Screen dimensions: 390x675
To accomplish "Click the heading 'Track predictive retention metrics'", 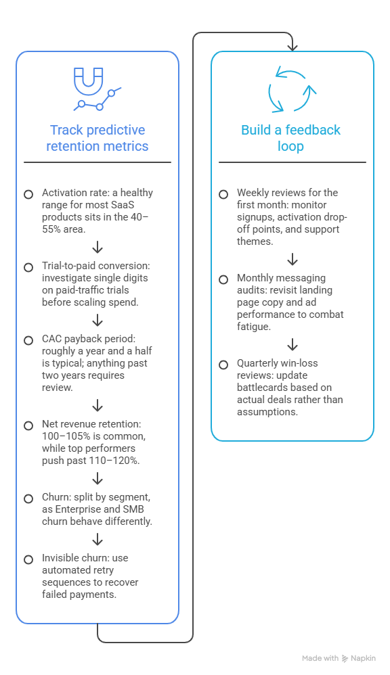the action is tap(97, 138).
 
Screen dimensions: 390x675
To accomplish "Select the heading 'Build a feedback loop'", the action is tap(291, 138).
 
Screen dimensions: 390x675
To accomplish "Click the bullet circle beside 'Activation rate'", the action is tap(28, 195).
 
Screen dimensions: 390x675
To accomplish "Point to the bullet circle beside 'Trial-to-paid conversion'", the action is tap(28, 268).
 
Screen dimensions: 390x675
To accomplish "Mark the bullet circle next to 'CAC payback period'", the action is tap(28, 340).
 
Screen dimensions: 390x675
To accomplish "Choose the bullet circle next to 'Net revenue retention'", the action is tap(28, 425).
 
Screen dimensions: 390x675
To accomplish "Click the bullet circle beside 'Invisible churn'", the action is tap(28, 559).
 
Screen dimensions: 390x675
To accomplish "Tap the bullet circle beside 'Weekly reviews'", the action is tap(223, 195).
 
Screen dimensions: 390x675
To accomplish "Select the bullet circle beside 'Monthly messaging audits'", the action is tap(223, 280).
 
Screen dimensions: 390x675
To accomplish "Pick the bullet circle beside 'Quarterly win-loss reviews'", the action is tap(223, 365).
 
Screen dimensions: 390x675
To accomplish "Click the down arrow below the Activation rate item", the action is tap(97, 247).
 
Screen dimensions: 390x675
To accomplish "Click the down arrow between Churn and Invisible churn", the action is tap(97, 540).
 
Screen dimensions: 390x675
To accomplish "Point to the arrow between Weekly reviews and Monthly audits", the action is tap(292, 259).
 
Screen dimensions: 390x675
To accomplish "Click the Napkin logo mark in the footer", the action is tap(345, 658).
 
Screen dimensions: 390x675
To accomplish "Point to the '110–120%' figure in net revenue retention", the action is tap(116, 460).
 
